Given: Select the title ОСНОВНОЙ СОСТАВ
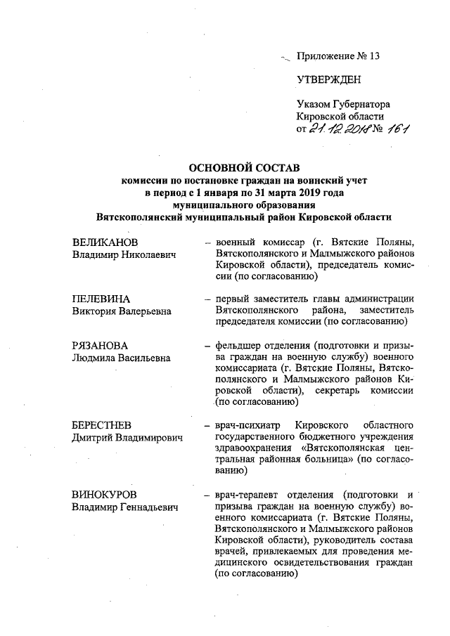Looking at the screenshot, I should point(245,167).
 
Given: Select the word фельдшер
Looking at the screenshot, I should point(239,346).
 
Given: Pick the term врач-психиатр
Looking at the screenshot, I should point(248,426).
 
